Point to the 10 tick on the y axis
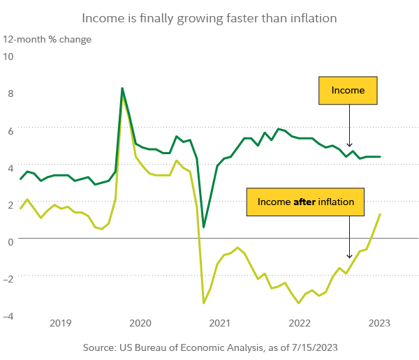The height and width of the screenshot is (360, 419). (9, 56)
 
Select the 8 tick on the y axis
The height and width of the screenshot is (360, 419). (9, 92)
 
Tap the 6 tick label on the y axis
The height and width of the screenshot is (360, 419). (9, 129)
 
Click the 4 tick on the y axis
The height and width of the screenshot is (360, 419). (9, 166)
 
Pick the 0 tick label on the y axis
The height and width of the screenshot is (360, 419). (9, 239)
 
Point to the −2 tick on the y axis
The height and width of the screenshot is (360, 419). (8, 277)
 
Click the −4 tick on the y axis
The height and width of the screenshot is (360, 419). (8, 315)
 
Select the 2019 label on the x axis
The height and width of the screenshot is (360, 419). (60, 323)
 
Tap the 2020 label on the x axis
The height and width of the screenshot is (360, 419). (140, 323)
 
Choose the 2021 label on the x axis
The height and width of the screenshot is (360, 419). (219, 323)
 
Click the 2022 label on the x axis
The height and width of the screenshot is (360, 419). (299, 323)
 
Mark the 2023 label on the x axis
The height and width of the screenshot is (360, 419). (378, 323)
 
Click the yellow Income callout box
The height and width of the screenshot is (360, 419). (348, 91)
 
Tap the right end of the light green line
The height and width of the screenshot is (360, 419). (380, 214)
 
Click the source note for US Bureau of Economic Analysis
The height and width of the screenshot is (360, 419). (209, 347)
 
